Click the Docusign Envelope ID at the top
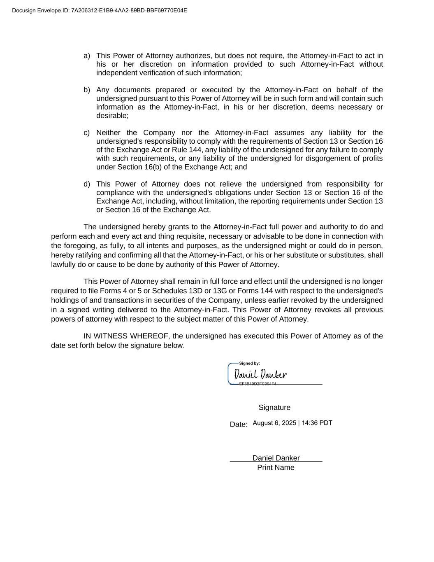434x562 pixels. click(100, 10)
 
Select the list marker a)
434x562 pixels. click(86, 56)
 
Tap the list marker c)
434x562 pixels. click(86, 133)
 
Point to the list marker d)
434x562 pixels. click(86, 184)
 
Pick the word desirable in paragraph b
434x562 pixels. click(112, 116)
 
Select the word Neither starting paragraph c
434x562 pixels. click(108, 133)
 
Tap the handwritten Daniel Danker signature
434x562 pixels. click(260, 375)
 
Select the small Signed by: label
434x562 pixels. click(249, 364)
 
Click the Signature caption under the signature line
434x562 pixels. click(274, 408)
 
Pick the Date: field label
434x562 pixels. click(239, 424)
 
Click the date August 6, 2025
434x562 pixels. click(274, 423)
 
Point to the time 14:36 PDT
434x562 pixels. click(317, 423)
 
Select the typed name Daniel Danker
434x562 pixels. click(276, 458)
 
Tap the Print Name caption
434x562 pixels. click(276, 468)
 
